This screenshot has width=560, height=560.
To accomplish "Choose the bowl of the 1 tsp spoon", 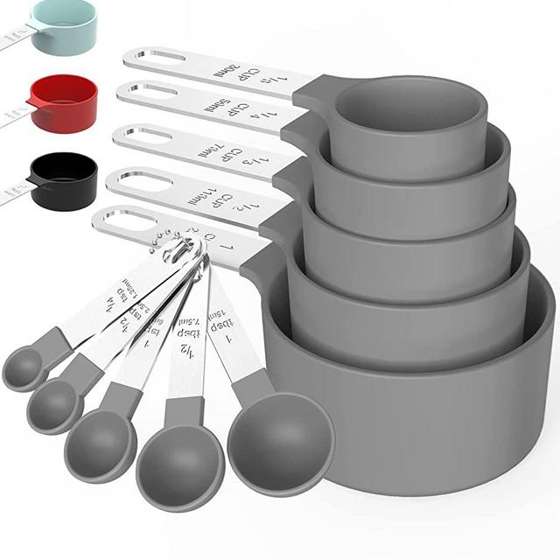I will pos(103,443).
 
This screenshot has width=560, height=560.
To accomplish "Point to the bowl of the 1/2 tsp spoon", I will pos(54,404).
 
